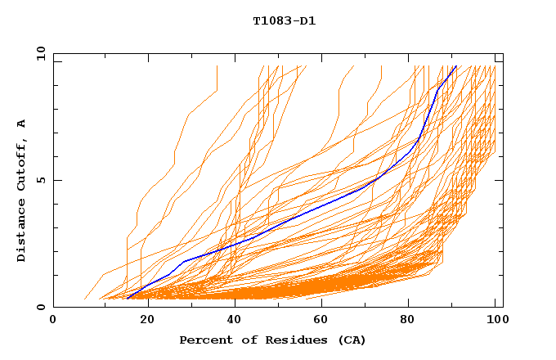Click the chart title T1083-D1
pos(284,20)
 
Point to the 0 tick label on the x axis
pos(53,321)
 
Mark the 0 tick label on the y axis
pos(41,307)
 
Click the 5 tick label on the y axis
pos(41,180)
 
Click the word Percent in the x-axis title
pos(204,340)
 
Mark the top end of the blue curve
pos(456,66)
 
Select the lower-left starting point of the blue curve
pos(128,299)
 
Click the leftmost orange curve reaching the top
pos(217,67)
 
